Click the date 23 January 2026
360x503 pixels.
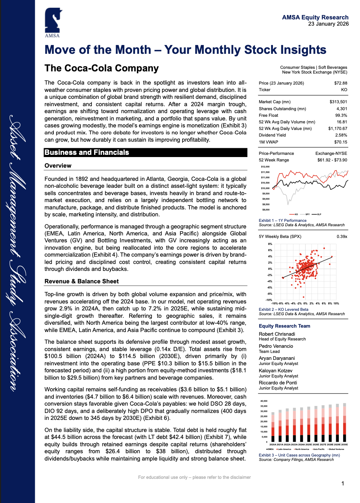click(328, 24)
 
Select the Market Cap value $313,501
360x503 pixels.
click(338, 102)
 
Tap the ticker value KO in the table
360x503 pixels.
click(344, 90)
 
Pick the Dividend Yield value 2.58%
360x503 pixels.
click(341, 135)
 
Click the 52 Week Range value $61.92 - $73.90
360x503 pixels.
click(332, 160)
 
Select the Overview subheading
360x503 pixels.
click(58, 165)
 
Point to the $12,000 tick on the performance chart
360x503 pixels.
click(265, 167)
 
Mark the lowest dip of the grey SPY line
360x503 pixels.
click(289, 203)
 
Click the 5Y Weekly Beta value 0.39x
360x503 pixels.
click(342, 236)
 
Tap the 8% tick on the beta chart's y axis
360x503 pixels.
click(270, 244)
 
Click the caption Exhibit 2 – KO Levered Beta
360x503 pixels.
click(284, 309)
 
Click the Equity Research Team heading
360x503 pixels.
click(284, 326)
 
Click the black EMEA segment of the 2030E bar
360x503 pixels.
click(344, 437)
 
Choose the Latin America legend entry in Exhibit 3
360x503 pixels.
click(284, 449)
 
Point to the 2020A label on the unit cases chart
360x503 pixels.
click(273, 444)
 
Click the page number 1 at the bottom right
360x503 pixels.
click(342, 484)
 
